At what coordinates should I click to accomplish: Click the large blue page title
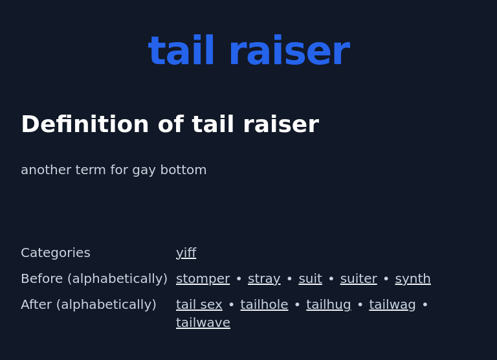[x=248, y=52]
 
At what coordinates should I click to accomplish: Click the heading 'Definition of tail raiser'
[x=170, y=124]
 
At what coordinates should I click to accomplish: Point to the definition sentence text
[x=114, y=170]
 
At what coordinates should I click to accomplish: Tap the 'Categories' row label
[x=56, y=253]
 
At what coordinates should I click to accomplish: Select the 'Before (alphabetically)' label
[x=94, y=278]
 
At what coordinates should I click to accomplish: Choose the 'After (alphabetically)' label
[x=89, y=304]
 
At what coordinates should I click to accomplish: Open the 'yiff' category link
[x=186, y=253]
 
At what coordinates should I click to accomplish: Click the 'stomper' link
[x=203, y=278]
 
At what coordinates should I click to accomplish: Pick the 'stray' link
[x=264, y=278]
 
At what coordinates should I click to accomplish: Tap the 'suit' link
[x=310, y=278]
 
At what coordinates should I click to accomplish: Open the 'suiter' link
[x=359, y=278]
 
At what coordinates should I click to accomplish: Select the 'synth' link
[x=413, y=278]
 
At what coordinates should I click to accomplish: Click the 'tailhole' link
[x=264, y=304]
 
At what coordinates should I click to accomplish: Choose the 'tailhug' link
[x=329, y=304]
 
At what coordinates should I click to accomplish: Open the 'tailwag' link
[x=392, y=304]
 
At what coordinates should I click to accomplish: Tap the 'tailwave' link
[x=203, y=322]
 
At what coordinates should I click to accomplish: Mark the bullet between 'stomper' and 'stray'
[x=239, y=279]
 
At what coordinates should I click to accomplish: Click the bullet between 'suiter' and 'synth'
[x=386, y=279]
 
